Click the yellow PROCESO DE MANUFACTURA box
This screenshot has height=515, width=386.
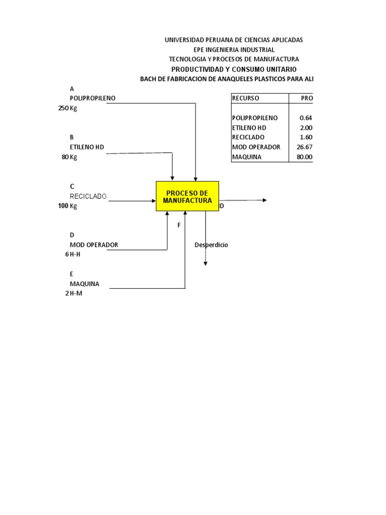click(187, 196)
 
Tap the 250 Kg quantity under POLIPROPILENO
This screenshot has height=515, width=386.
click(68, 108)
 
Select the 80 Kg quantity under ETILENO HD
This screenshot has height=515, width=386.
click(69, 157)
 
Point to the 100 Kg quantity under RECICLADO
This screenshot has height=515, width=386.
click(68, 206)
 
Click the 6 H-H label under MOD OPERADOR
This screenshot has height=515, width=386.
click(73, 254)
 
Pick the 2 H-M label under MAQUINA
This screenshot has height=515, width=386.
click(73, 293)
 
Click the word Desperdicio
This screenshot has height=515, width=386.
click(211, 244)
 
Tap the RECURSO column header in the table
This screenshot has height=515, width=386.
click(245, 98)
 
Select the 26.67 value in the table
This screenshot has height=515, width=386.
click(304, 147)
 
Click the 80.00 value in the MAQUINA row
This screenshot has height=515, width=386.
click(304, 157)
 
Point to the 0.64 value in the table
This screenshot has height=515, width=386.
click(306, 118)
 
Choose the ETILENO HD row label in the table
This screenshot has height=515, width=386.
click(249, 128)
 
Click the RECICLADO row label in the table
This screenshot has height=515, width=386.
click(248, 137)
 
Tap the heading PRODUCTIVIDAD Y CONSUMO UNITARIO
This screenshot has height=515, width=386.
click(234, 69)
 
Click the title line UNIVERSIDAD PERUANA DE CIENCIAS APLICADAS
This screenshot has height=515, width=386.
click(234, 40)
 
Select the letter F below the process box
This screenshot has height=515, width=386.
click(178, 225)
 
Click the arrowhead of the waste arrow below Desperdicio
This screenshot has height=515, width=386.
click(205, 263)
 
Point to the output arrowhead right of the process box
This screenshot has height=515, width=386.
click(264, 200)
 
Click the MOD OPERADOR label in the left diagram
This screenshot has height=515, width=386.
click(94, 245)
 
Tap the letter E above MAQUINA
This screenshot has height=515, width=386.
click(72, 274)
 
